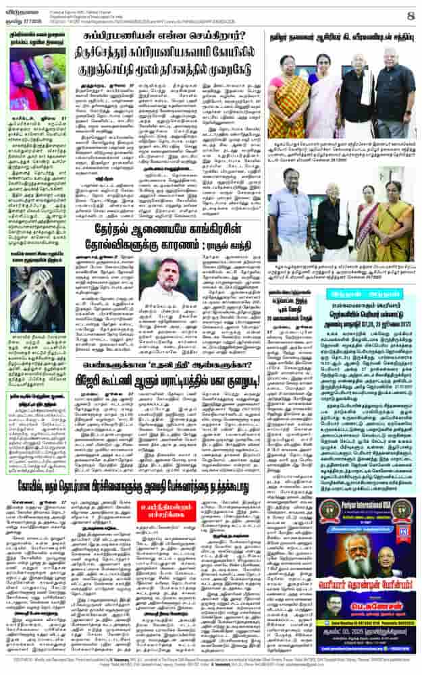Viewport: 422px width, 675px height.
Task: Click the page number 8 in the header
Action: pos(409,14)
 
